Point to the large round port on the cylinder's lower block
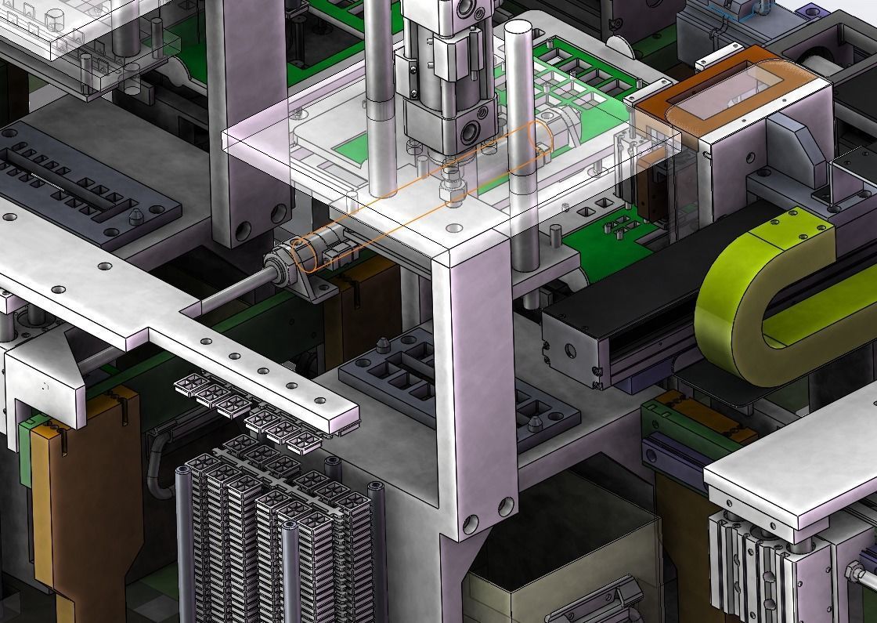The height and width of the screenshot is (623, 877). click(x=475, y=127)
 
